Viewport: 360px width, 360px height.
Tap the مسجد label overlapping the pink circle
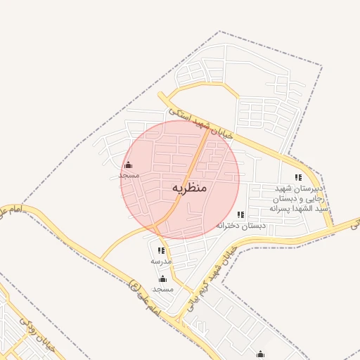coord(129,174)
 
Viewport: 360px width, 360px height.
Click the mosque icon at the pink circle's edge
coord(128,165)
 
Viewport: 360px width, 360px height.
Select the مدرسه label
coord(161,261)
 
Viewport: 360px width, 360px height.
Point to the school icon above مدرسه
coord(161,250)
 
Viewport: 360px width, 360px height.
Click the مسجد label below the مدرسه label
coord(162,289)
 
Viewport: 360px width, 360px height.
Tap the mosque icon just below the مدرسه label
coord(162,279)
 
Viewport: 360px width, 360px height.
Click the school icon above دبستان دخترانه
coord(241,214)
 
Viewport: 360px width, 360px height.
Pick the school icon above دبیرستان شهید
coord(298,178)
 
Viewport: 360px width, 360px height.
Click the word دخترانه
coord(230,226)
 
